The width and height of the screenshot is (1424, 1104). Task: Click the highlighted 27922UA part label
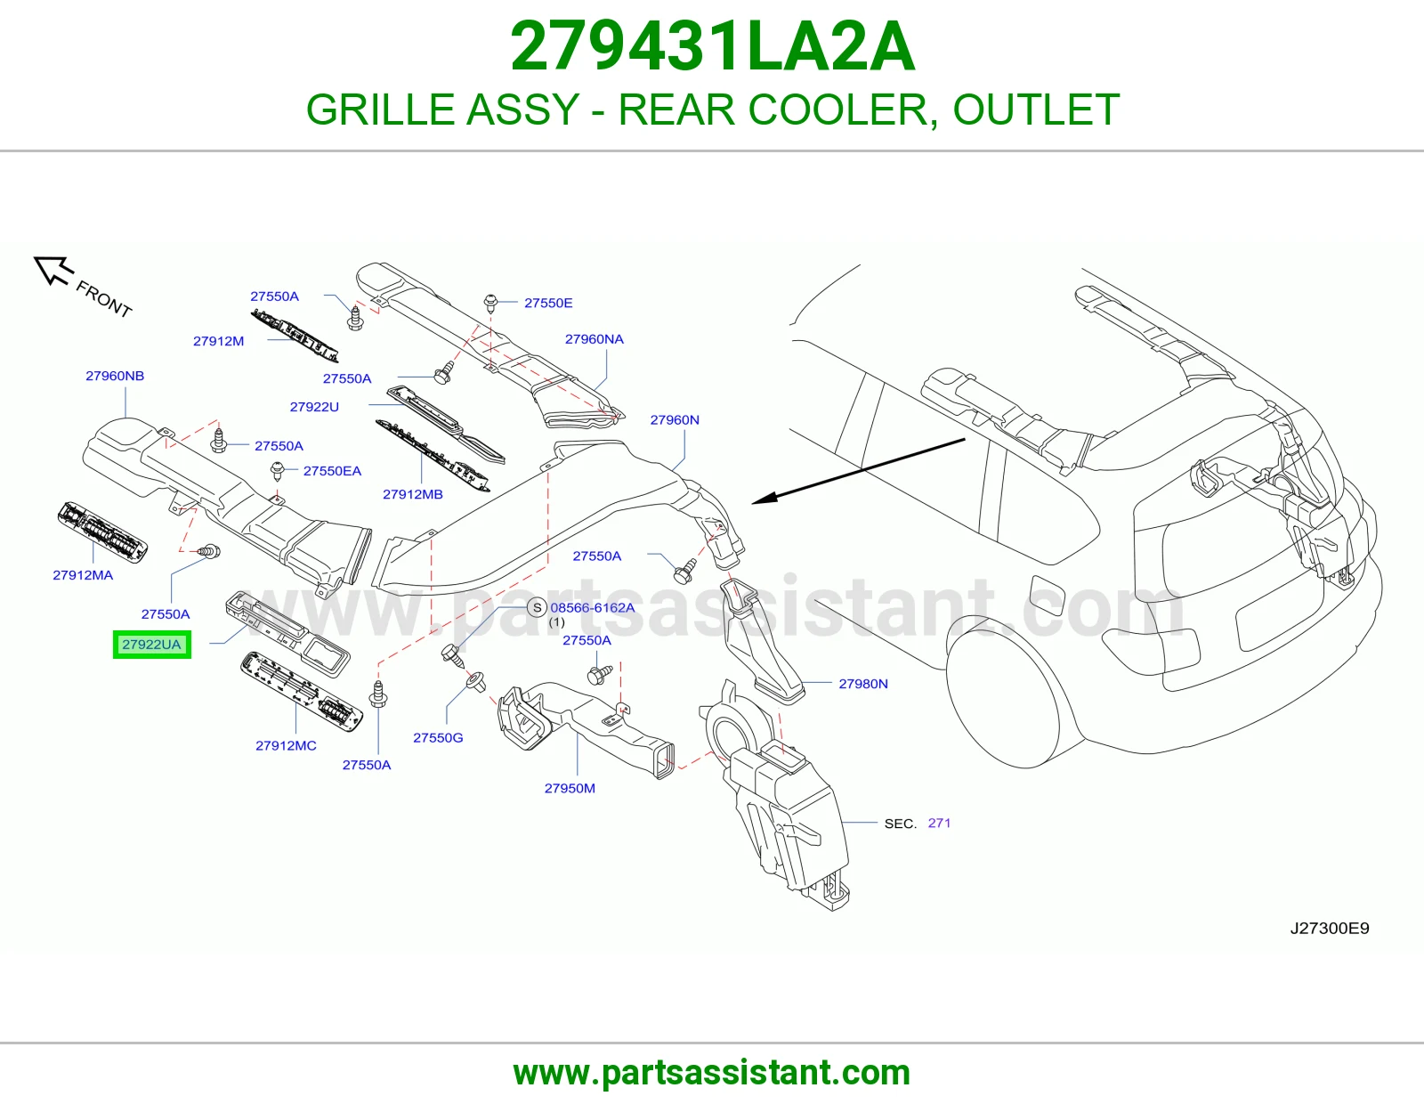click(151, 645)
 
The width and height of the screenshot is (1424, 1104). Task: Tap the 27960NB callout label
click(115, 376)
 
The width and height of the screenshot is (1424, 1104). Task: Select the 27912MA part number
click(83, 575)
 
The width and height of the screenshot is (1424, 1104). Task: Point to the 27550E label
click(548, 303)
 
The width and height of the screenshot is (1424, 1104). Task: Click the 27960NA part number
click(594, 339)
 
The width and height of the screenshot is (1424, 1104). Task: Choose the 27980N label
click(863, 684)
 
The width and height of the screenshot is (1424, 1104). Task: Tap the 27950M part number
click(570, 788)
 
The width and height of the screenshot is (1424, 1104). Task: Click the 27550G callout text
click(438, 737)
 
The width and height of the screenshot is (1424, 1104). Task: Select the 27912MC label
click(286, 745)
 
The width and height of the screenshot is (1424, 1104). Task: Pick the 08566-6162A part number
click(593, 608)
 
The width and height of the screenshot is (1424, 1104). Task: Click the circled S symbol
click(537, 608)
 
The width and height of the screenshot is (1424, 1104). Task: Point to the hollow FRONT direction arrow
click(53, 270)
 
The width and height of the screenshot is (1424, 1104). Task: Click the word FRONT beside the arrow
click(104, 299)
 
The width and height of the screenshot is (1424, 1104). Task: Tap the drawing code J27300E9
click(1330, 928)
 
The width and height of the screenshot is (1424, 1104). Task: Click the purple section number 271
click(939, 823)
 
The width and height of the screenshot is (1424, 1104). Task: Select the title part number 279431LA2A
click(712, 46)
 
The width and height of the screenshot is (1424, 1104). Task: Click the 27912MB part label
click(412, 494)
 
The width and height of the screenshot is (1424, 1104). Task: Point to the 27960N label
click(675, 419)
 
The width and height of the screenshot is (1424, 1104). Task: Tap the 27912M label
click(218, 341)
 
